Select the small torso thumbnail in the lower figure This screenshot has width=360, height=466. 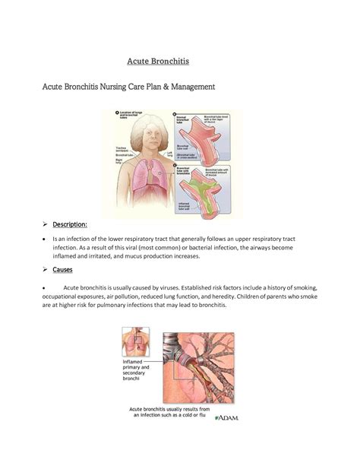click(135, 341)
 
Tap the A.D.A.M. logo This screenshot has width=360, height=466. click(226, 417)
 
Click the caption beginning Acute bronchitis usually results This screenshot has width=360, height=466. click(169, 412)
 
